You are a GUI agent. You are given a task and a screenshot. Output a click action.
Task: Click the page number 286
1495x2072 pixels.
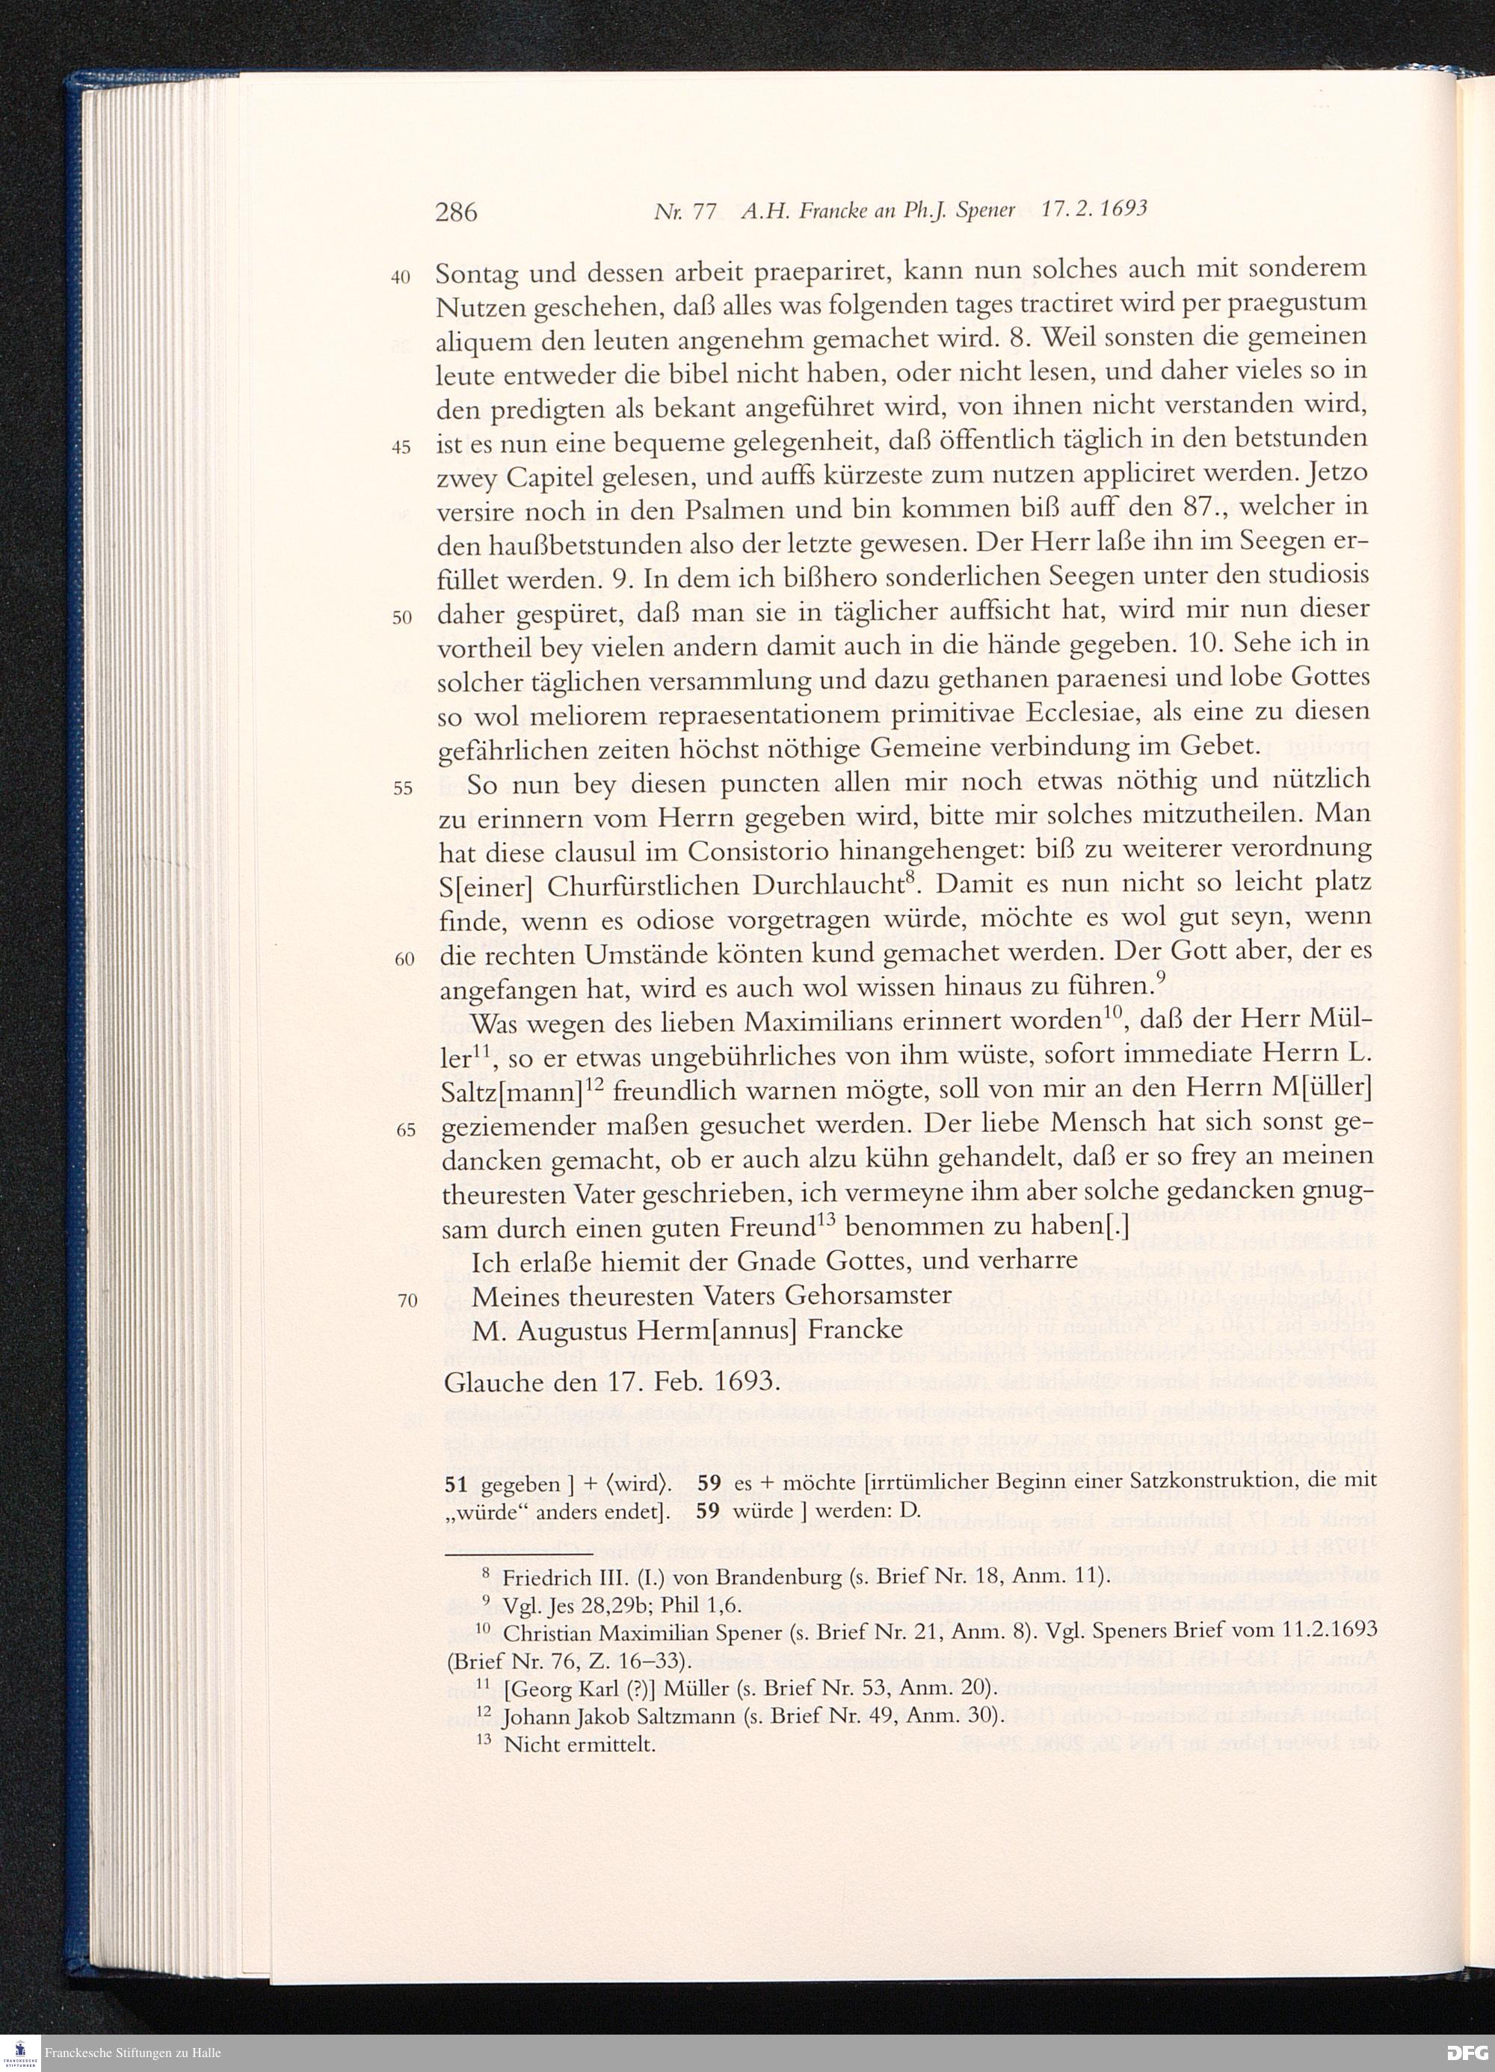[x=456, y=212]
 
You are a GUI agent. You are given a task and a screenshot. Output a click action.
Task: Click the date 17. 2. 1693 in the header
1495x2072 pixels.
[x=1094, y=209]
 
